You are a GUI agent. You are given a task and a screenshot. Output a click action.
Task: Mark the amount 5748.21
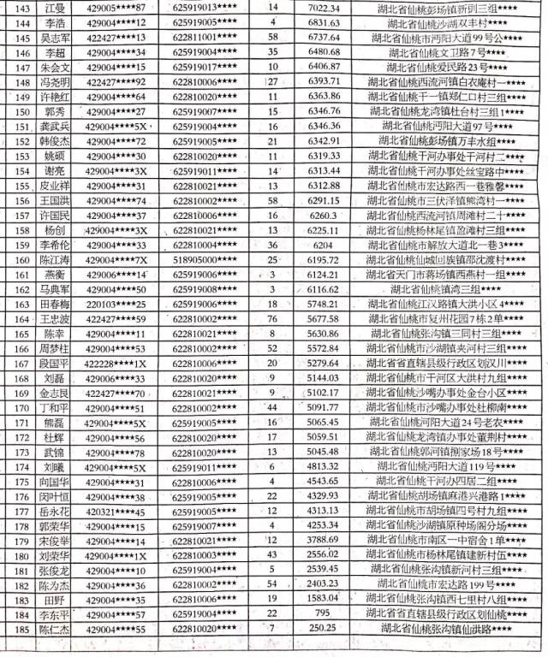pyautogui.click(x=317, y=304)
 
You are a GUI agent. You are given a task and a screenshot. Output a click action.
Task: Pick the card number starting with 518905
pyautogui.click(x=205, y=258)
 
